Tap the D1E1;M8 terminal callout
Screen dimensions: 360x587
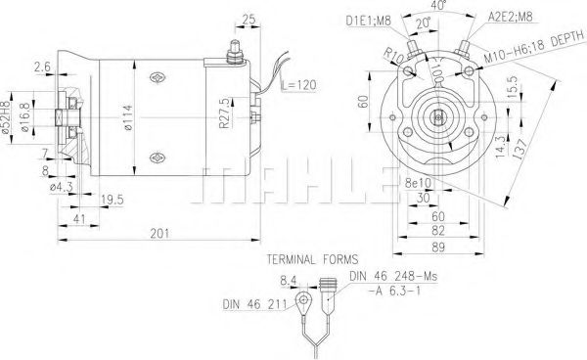click(369, 20)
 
